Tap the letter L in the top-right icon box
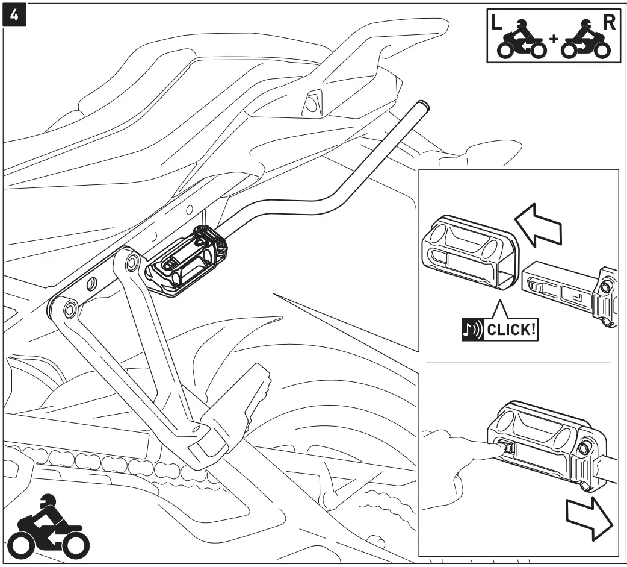pos(497,23)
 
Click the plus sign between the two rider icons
pos(553,39)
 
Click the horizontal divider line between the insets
pos(518,363)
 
